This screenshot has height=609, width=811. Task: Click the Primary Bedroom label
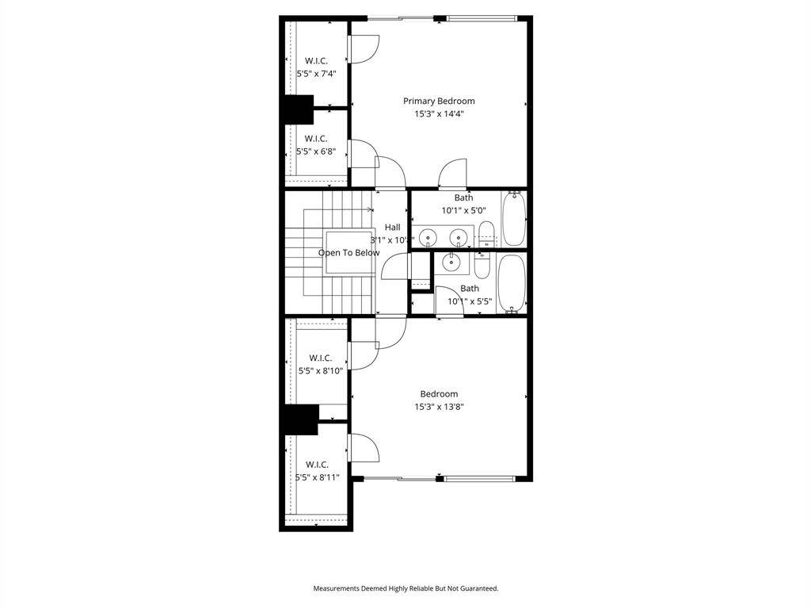click(x=439, y=101)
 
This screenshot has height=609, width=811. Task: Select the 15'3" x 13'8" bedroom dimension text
click(x=439, y=407)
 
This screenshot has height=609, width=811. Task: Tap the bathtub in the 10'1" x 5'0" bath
click(x=513, y=219)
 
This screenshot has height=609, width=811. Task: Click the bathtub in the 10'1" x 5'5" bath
click(x=511, y=283)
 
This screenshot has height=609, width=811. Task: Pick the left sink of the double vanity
click(x=428, y=237)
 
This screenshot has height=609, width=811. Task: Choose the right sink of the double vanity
click(x=457, y=237)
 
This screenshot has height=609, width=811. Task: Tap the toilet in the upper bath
click(x=486, y=234)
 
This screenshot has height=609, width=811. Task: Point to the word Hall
click(x=392, y=228)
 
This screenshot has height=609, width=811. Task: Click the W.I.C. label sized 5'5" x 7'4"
click(x=316, y=60)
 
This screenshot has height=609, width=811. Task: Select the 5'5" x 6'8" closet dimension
click(x=316, y=151)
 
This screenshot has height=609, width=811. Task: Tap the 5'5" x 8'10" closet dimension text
click(x=321, y=370)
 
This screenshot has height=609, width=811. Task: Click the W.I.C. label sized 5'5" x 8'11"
click(x=317, y=465)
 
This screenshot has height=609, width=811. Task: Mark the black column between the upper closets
click(x=299, y=109)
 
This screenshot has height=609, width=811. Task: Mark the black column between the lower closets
click(x=301, y=419)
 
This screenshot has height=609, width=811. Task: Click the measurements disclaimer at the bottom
click(x=405, y=588)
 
